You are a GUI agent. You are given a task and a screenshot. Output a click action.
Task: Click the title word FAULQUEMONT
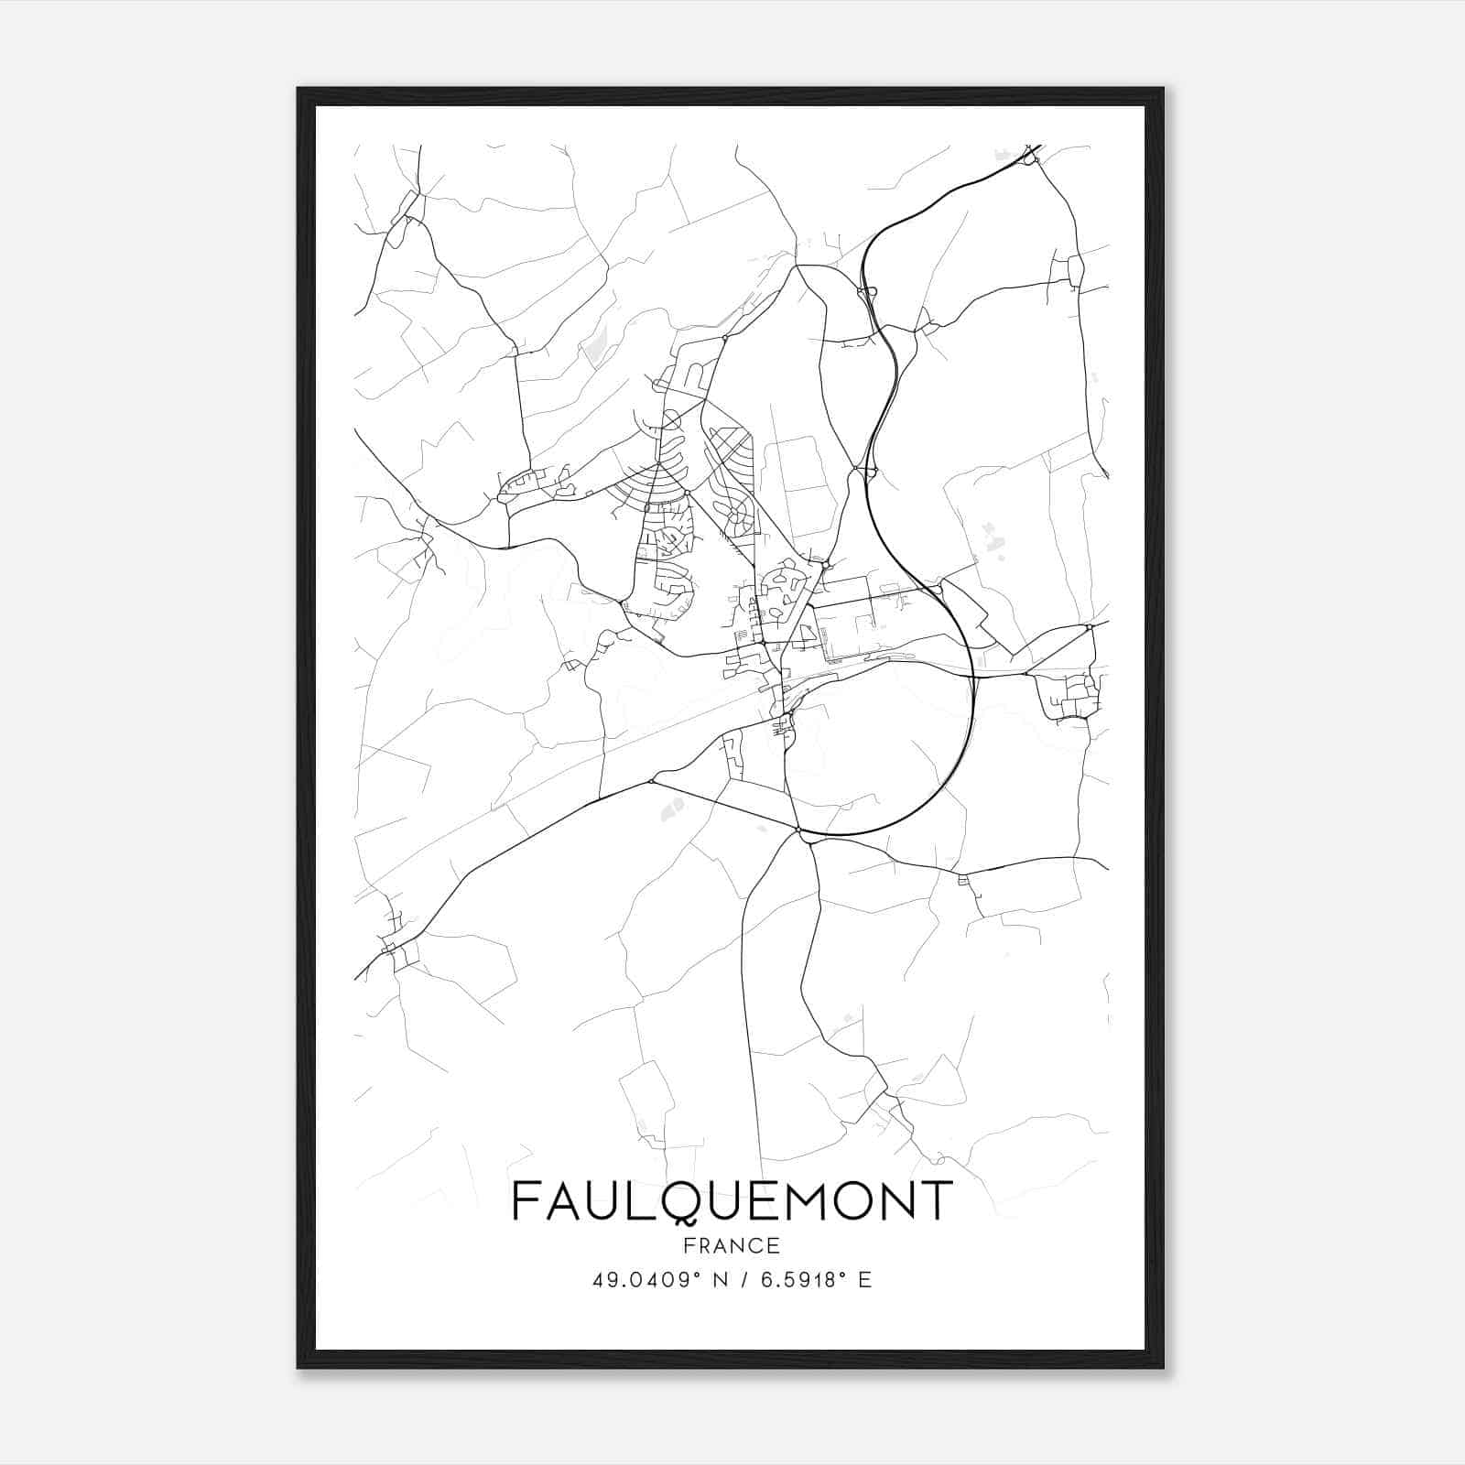pos(732,1200)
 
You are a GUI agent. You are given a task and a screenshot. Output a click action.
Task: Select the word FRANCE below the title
pos(732,1245)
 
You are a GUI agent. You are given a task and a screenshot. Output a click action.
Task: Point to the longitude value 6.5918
pos(800,1279)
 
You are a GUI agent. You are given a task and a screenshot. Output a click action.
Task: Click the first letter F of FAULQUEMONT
pos(526,1200)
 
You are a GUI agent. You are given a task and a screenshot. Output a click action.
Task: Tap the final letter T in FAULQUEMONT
pos(937,1200)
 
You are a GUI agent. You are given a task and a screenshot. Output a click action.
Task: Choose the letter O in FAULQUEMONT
pos(844,1200)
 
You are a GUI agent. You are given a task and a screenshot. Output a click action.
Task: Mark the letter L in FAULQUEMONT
pos(638,1200)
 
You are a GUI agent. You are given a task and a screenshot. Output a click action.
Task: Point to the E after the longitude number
pos(864,1279)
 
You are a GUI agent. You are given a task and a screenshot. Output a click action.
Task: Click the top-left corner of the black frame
pos(298,89)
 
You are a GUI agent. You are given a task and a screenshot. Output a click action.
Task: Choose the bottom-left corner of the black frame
pos(298,1367)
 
